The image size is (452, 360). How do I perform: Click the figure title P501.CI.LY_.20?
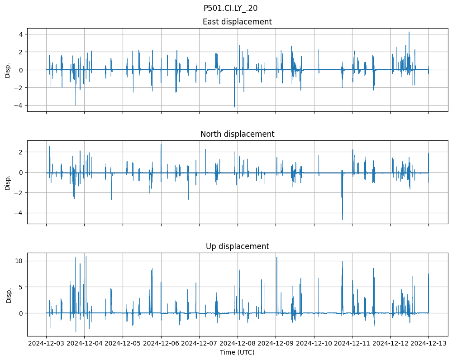(230, 8)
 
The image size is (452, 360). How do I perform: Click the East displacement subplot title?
(237, 22)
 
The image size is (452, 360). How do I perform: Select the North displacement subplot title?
(237, 134)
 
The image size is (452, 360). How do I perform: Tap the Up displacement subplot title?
(237, 246)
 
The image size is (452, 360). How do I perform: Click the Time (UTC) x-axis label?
(237, 352)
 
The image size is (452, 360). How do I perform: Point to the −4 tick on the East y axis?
(19, 106)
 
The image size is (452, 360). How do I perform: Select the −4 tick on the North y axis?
(19, 213)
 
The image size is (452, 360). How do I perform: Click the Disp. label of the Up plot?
(8, 295)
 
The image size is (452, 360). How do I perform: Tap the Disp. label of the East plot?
(8, 70)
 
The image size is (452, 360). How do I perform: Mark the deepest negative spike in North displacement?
(343, 220)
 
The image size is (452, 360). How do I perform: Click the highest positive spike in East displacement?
(409, 32)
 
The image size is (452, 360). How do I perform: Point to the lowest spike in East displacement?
(234, 107)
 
